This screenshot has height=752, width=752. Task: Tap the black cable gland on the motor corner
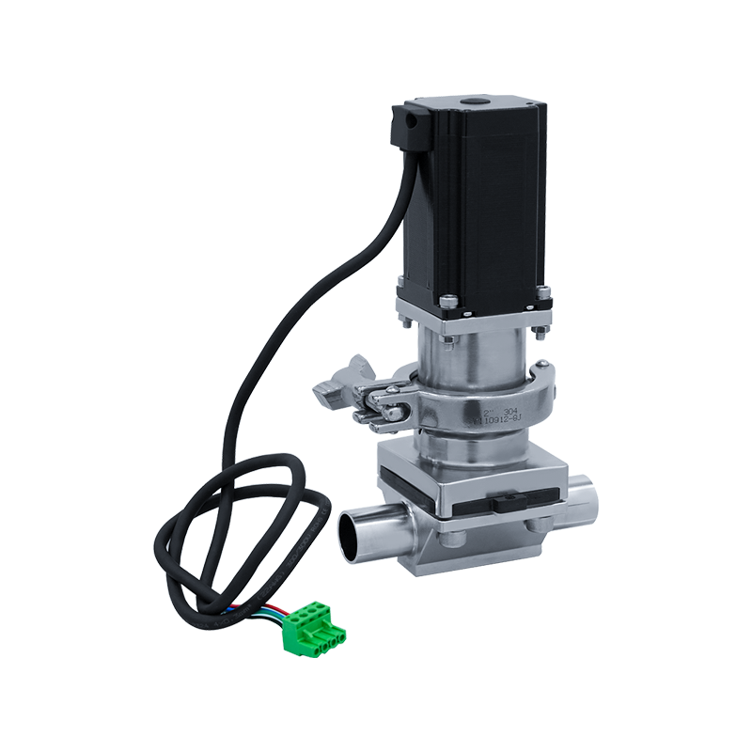point(411,127)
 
